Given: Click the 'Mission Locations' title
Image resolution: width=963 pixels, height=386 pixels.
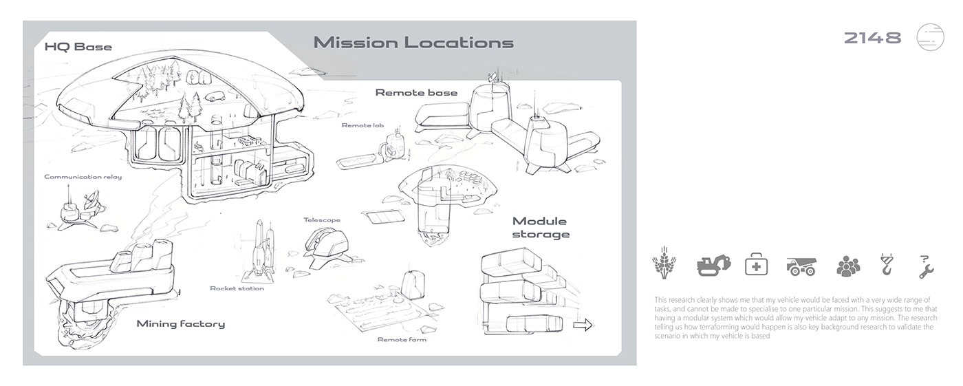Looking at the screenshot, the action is click(x=413, y=43).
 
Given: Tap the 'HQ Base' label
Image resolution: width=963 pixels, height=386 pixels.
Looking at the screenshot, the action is click(x=78, y=47).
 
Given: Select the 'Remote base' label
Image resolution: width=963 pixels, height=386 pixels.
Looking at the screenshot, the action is click(x=416, y=92).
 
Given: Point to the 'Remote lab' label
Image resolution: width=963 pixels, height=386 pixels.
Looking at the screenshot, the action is click(x=363, y=125).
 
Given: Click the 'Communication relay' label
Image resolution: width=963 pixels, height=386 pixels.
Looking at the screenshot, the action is click(x=83, y=177).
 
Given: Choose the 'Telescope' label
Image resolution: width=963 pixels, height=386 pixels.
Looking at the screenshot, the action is click(x=322, y=220).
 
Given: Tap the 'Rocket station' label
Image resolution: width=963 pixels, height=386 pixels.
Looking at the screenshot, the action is click(x=237, y=288).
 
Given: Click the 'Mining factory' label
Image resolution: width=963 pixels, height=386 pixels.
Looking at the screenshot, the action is click(x=180, y=323).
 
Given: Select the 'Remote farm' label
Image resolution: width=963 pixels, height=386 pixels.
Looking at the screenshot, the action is click(x=402, y=340).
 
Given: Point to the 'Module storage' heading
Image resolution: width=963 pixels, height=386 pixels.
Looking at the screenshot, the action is click(x=541, y=228).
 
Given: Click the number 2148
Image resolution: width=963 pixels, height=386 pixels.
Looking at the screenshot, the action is click(x=872, y=38).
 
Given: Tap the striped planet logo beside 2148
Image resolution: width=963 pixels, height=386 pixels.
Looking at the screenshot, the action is click(x=930, y=37).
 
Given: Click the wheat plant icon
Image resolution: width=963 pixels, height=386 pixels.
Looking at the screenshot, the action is click(x=664, y=263).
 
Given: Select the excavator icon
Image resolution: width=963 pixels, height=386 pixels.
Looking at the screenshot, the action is click(x=714, y=265).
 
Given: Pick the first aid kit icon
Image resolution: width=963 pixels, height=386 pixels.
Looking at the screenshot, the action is click(x=756, y=264).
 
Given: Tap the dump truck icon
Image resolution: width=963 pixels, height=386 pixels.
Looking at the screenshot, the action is click(x=801, y=266).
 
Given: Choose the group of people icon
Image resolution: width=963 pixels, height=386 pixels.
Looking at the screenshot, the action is click(x=848, y=266).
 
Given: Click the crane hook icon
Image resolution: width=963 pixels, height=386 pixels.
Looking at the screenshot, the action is click(x=887, y=264).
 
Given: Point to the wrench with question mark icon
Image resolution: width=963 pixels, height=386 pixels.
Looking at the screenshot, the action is click(x=926, y=266).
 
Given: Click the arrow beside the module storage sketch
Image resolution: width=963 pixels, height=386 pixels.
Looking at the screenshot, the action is click(x=583, y=325).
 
